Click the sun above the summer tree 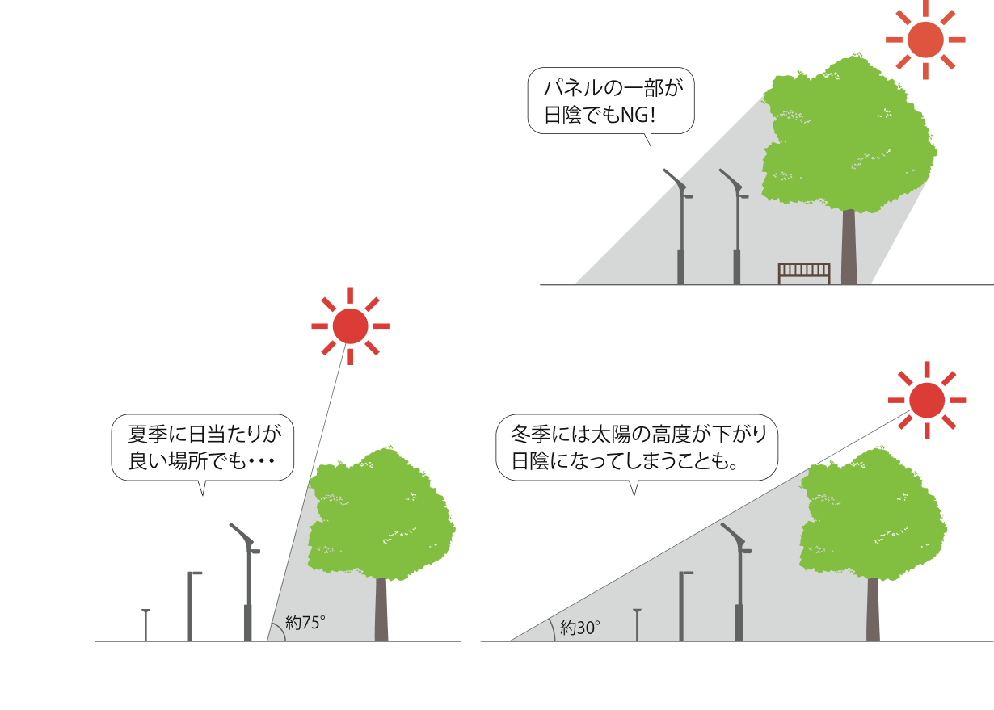point(350,326)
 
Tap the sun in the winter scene point(927,400)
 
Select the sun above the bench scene point(925,40)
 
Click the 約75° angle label point(305,623)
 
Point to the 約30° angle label point(580,628)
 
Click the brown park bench point(804,273)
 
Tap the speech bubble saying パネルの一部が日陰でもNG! point(611,102)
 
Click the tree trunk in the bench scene point(849,246)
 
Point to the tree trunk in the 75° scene point(381,609)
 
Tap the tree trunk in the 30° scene point(873,609)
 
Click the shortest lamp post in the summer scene point(145,625)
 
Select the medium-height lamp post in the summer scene point(191,607)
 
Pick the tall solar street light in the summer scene point(247,582)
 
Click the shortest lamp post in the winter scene point(638,625)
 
